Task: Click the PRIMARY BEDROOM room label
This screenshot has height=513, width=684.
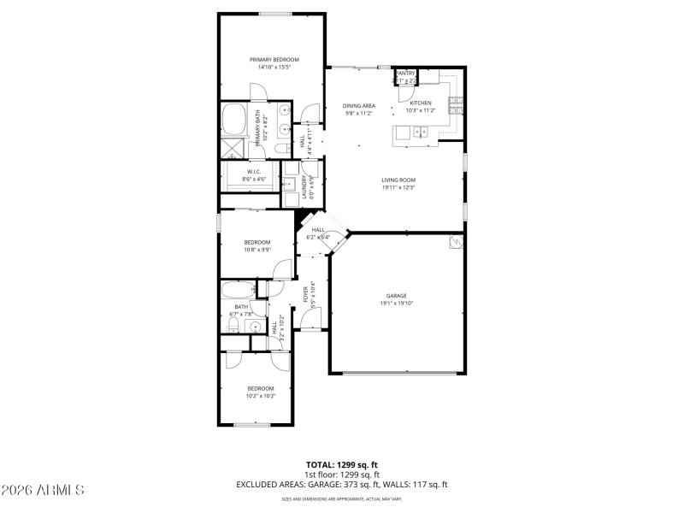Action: pos(274,59)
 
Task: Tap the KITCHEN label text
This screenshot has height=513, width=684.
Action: pos(420,102)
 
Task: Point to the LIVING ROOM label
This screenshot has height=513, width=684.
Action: pos(398,180)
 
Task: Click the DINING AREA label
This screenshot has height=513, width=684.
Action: pos(359,105)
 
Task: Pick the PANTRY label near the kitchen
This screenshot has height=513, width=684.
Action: pos(404,74)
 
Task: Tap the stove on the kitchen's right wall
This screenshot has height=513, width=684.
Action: pos(457,105)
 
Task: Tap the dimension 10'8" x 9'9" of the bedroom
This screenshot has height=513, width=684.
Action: pos(257,250)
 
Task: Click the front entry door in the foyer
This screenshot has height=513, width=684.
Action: pos(311,328)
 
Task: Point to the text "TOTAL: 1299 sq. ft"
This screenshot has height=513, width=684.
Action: pos(341,464)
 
